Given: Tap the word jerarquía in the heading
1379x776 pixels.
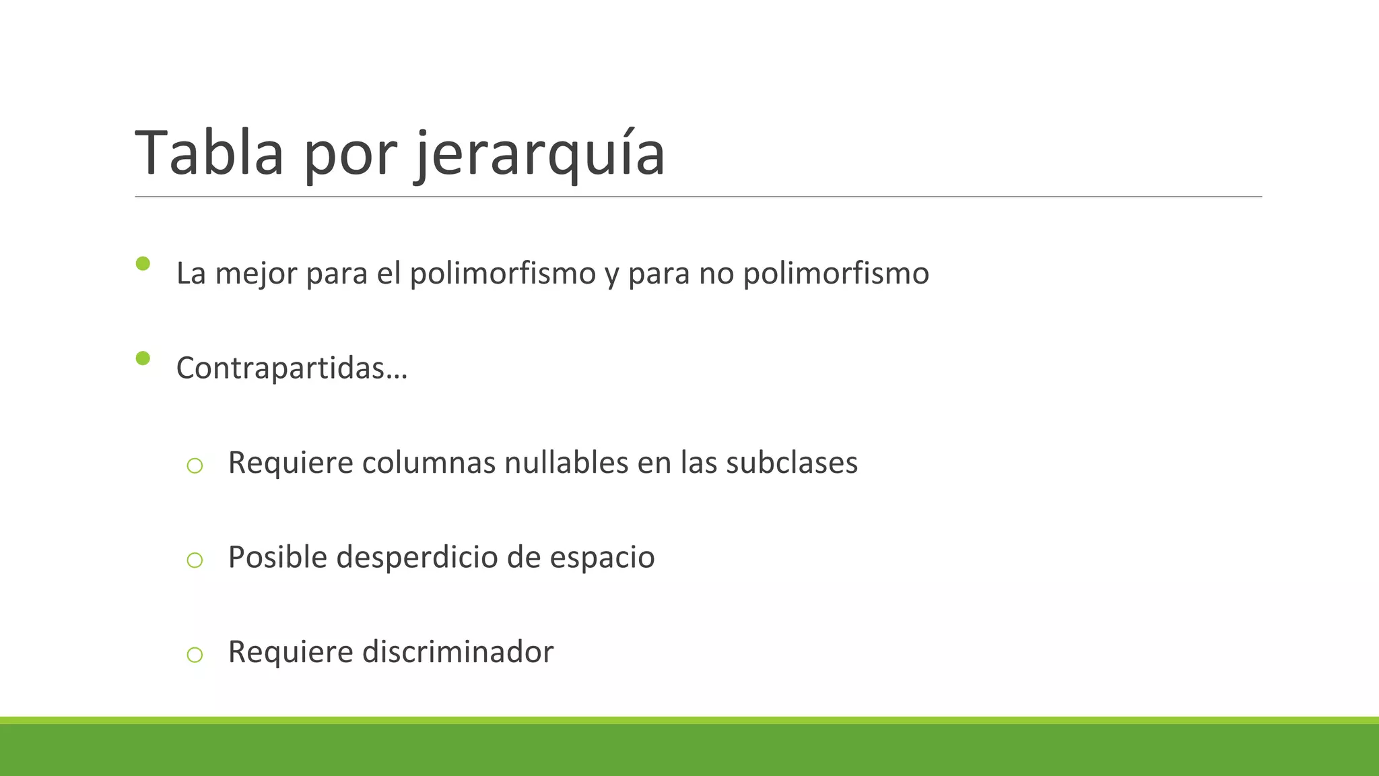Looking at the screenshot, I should coord(539,154).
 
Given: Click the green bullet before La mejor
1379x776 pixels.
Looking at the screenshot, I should coord(143,263).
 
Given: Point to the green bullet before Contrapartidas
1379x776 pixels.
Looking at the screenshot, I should coord(143,358).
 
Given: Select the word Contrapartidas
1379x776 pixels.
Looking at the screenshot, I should coord(292,368).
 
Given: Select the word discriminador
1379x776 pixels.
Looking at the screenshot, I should coord(458,652).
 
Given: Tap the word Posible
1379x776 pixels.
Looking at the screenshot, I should coord(278,557).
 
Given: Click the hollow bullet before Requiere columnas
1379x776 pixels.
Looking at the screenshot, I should coord(195,465).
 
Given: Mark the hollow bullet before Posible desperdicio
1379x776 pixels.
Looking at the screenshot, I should coord(195,560).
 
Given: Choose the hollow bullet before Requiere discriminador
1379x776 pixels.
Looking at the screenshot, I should coord(195,655).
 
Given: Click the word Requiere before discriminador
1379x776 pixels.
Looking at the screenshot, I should coord(291,652).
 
